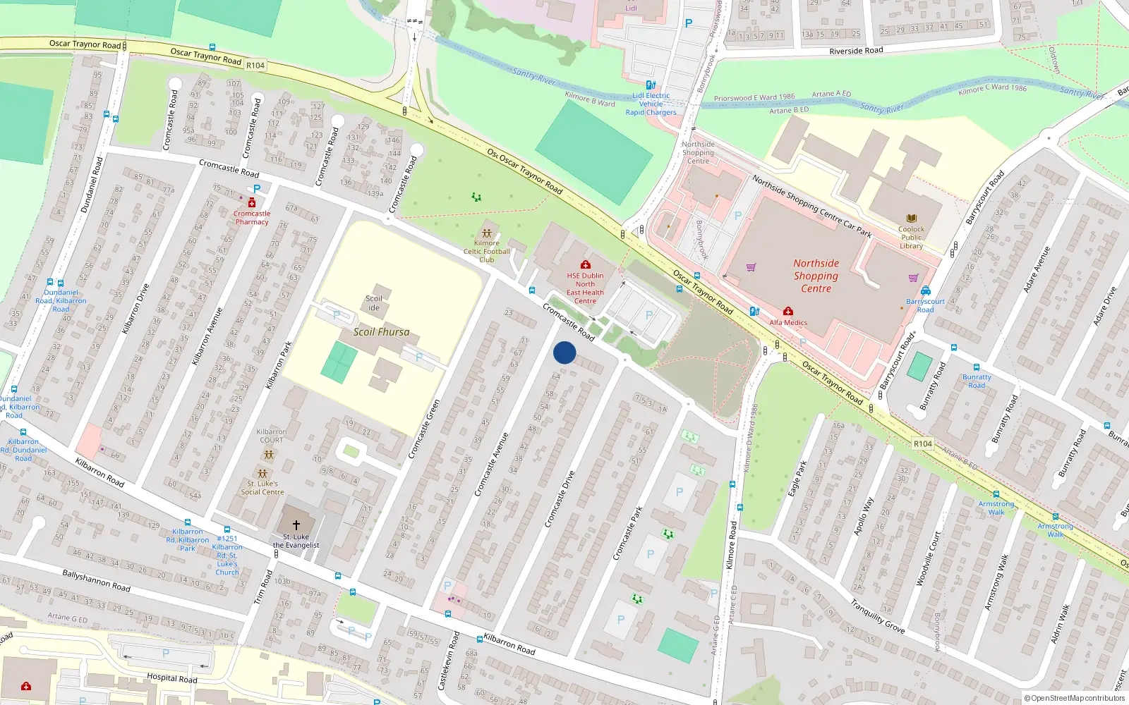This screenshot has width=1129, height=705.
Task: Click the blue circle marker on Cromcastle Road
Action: (564, 352)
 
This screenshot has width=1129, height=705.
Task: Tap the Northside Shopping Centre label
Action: (816, 276)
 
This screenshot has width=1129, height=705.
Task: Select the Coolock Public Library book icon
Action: (911, 219)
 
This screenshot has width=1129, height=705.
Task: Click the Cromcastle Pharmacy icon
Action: (251, 203)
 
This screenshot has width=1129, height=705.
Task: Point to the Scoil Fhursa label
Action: (381, 332)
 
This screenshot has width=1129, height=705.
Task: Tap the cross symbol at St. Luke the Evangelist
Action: (296, 525)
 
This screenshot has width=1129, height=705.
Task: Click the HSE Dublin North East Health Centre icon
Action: (585, 265)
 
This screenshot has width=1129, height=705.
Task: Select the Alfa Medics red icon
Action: (788, 312)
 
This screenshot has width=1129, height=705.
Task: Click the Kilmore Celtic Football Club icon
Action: (486, 233)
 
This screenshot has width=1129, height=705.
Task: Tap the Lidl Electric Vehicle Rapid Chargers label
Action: (651, 104)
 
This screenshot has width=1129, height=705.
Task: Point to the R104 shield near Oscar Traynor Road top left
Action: (255, 66)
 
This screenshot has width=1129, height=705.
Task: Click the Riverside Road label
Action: (855, 51)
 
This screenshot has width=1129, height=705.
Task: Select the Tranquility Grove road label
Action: (877, 615)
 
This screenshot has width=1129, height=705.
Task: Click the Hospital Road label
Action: (171, 678)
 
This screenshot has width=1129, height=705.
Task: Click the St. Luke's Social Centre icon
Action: (262, 474)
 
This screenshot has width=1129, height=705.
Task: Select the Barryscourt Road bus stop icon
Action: (925, 291)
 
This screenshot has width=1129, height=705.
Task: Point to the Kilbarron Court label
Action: (271, 436)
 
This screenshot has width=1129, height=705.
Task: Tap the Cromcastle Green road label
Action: (424, 429)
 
